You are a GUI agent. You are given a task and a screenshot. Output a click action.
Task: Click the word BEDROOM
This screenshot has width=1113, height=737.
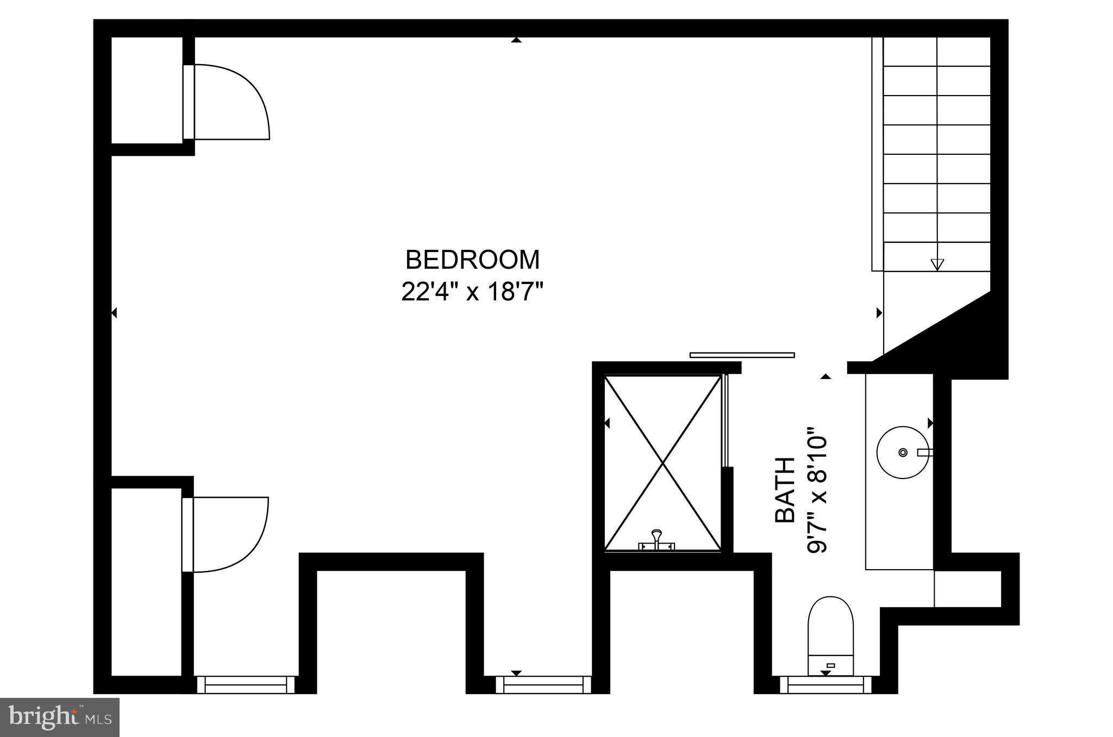[x=472, y=260]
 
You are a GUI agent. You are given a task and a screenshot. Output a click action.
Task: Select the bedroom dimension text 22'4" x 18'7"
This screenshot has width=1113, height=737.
[x=472, y=292]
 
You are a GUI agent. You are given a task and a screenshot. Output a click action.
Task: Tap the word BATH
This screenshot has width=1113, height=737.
[x=785, y=490]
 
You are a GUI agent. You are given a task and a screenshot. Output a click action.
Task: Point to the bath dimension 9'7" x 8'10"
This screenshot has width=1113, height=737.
[x=817, y=490]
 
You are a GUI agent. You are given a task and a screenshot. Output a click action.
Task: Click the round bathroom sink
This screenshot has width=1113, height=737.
[x=903, y=452]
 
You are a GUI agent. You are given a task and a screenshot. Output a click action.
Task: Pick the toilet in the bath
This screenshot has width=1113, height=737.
[x=830, y=635]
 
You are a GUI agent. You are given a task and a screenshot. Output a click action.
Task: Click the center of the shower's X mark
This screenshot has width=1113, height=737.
[x=663, y=463]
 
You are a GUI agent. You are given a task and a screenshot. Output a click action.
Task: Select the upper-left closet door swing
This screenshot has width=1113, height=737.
[x=231, y=102]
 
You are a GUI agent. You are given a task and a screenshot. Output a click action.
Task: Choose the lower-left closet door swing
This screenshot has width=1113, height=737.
[x=230, y=534]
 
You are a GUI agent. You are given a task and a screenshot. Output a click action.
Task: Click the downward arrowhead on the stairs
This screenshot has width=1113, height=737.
[x=937, y=264]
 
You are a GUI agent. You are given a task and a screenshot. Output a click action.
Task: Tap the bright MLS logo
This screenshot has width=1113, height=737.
[x=60, y=717]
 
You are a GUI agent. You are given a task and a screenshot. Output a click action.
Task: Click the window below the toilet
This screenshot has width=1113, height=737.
[x=826, y=684]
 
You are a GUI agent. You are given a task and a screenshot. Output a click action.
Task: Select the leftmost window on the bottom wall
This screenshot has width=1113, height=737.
[x=246, y=684]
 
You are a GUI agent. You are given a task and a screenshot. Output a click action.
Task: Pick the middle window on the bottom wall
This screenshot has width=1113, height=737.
[x=543, y=684]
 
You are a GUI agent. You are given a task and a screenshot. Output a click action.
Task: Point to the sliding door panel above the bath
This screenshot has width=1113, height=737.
[x=742, y=355]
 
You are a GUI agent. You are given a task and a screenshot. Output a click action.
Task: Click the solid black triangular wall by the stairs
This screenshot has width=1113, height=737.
[x=973, y=337]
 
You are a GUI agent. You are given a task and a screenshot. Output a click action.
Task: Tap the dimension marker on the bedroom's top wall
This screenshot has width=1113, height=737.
[x=516, y=40]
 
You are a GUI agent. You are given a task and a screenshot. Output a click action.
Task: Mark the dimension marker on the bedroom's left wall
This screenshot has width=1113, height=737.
[x=114, y=313]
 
